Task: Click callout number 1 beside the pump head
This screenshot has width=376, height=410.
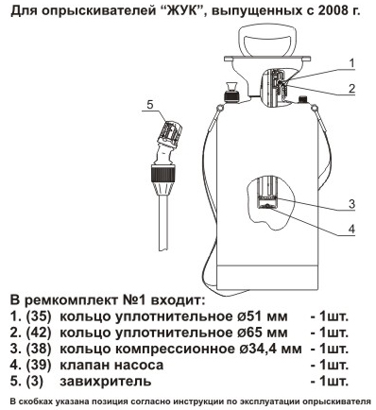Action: pyautogui.click(x=351, y=63)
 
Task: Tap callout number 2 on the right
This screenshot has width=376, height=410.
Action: pyautogui.click(x=351, y=89)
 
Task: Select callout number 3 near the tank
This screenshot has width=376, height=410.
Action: pyautogui.click(x=351, y=204)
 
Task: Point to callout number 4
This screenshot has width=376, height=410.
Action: pyautogui.click(x=351, y=229)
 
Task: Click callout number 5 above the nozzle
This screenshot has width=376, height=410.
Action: pyautogui.click(x=150, y=104)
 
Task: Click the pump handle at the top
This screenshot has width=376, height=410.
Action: pyautogui.click(x=267, y=41)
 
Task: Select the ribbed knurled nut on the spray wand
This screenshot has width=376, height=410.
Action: pyautogui.click(x=162, y=174)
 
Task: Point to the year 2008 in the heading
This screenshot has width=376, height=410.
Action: pyautogui.click(x=330, y=11)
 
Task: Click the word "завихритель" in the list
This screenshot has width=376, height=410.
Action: pyautogui.click(x=106, y=382)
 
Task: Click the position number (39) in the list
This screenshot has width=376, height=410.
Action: pyautogui.click(x=39, y=366)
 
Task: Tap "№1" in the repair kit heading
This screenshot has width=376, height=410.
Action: pyautogui.click(x=133, y=299)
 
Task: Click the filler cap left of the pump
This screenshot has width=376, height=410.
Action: pyautogui.click(x=231, y=92)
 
